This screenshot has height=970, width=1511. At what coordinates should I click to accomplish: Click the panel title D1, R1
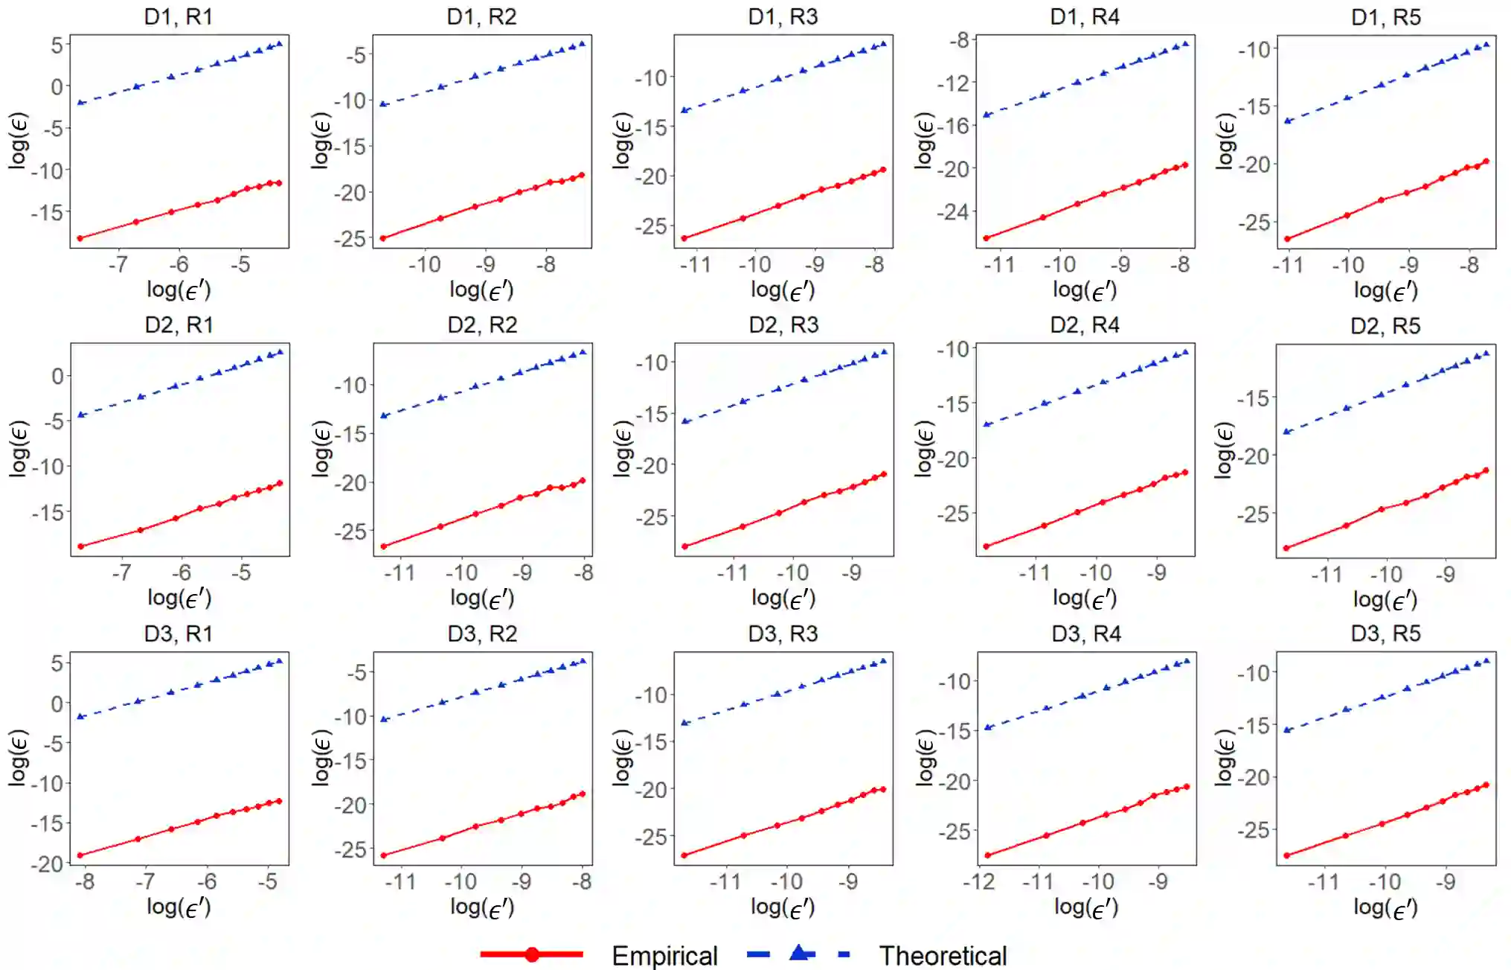(179, 16)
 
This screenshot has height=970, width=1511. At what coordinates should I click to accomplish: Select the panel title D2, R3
(783, 325)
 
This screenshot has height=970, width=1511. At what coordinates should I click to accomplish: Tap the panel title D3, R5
(1385, 634)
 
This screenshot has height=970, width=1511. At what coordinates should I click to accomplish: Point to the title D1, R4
(1085, 16)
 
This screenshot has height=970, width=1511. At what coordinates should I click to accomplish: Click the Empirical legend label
(664, 955)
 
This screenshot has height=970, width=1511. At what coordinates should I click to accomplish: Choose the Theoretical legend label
(943, 955)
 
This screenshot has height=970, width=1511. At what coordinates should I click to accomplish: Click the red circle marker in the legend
(532, 954)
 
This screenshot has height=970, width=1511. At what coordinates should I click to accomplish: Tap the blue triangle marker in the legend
(799, 952)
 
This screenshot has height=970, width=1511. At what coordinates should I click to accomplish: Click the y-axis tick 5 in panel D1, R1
(57, 45)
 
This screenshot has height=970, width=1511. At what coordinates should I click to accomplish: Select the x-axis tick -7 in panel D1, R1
(118, 264)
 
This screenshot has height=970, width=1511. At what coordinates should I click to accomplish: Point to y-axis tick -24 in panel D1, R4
(954, 212)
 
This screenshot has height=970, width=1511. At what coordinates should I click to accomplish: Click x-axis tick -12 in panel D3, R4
(979, 882)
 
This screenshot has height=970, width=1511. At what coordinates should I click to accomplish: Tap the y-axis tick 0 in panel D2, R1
(57, 376)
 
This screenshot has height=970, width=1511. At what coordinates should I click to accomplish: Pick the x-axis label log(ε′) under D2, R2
(482, 598)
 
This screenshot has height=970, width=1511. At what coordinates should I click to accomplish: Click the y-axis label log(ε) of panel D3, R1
(19, 757)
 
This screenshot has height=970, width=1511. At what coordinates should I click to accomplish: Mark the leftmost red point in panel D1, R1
(80, 238)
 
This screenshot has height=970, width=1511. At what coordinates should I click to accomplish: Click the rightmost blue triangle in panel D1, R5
(1486, 45)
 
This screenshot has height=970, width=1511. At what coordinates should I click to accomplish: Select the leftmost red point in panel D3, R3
(684, 855)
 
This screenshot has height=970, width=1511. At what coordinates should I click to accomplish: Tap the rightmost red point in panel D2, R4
(1185, 472)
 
